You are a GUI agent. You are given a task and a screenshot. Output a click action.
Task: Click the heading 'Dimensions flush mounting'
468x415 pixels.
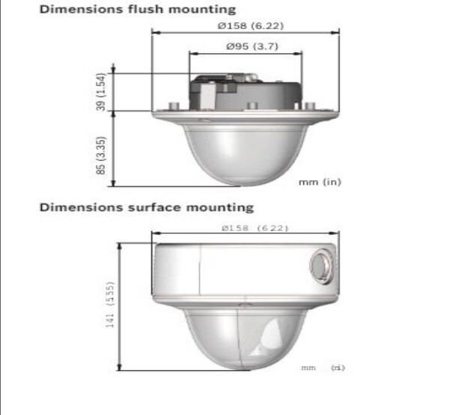point(137,10)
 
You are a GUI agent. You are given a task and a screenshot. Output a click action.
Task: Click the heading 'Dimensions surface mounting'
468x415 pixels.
point(146,206)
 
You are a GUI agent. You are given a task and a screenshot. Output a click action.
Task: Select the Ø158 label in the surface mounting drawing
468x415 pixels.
point(245,227)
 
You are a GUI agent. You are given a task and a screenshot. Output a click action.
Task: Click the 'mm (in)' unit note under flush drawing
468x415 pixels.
point(320,182)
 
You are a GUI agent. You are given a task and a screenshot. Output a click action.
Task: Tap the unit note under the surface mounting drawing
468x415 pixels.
point(323,367)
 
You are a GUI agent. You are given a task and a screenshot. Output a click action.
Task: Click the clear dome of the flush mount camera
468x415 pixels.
point(245,153)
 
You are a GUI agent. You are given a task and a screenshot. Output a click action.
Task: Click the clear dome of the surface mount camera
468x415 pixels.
point(245,333)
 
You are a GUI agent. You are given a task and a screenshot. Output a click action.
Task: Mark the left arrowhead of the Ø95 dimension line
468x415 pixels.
point(191,53)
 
